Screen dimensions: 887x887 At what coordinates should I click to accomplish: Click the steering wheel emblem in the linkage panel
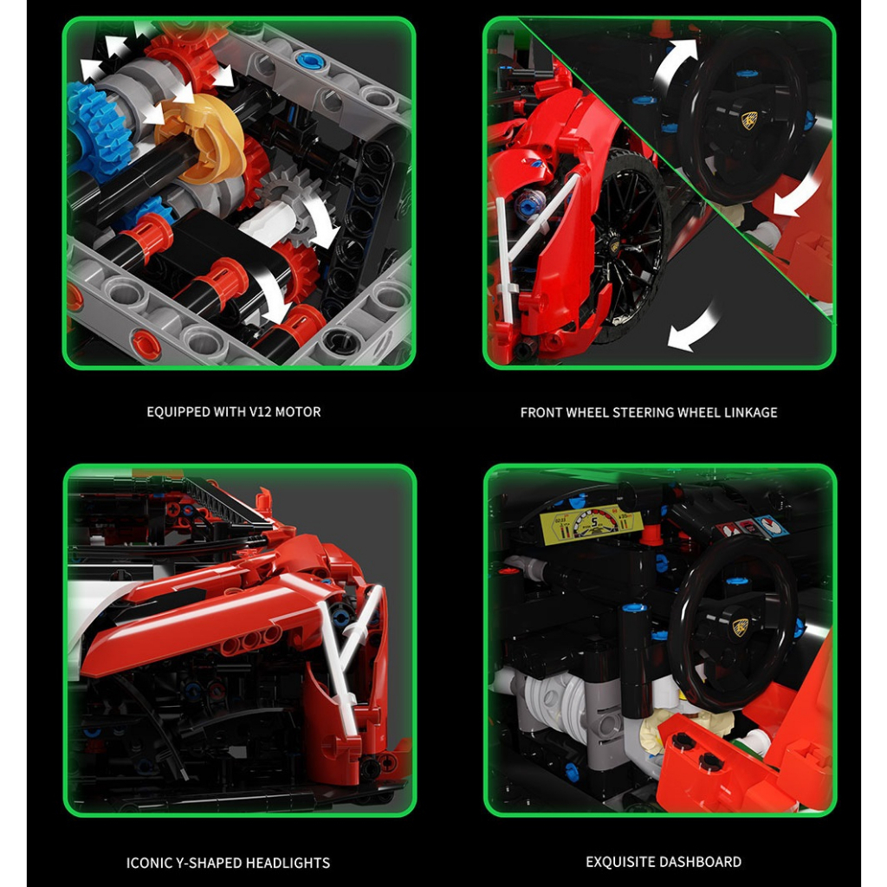tap(748, 120)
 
